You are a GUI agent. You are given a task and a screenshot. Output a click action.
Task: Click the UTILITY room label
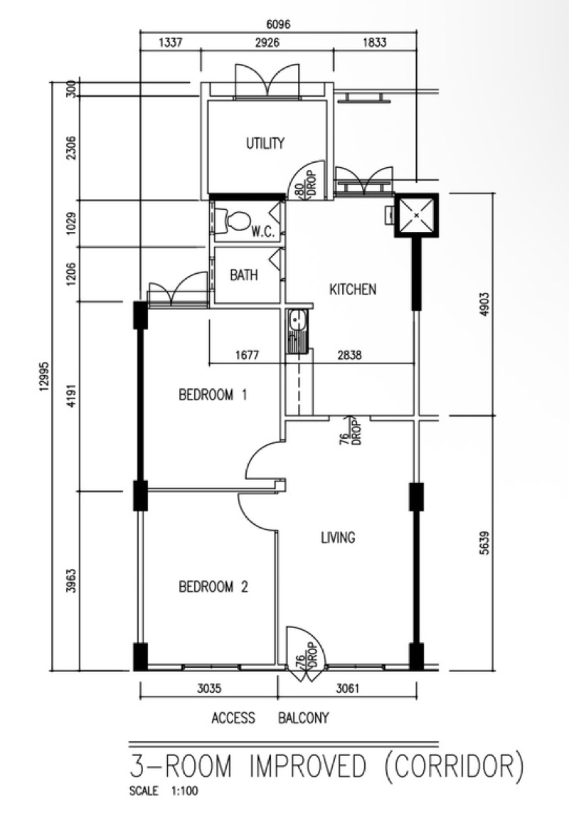(x=265, y=143)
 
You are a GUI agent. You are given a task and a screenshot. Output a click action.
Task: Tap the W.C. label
(x=263, y=233)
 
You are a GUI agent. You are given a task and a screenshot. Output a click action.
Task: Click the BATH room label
(x=244, y=275)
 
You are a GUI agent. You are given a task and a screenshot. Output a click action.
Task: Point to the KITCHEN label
(x=353, y=289)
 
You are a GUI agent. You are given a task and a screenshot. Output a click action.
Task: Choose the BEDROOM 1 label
(x=213, y=395)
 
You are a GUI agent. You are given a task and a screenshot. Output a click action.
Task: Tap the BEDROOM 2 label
(x=213, y=587)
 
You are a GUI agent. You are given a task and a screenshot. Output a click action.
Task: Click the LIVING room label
(x=338, y=537)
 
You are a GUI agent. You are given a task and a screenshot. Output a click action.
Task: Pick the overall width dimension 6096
(x=278, y=25)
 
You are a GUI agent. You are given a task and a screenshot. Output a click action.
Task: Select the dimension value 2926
(x=267, y=43)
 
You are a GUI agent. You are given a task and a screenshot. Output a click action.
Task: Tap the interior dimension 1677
(x=247, y=355)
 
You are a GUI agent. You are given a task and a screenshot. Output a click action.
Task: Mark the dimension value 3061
(x=347, y=688)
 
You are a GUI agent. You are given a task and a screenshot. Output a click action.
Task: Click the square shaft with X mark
(x=417, y=215)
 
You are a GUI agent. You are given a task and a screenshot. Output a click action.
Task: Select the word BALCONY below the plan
(x=303, y=718)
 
